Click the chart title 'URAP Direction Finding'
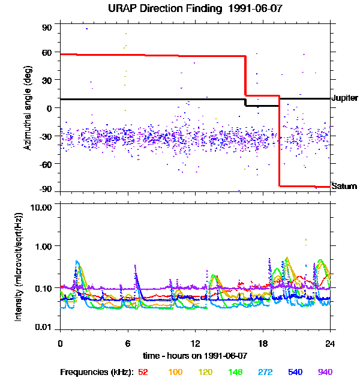point(160,8)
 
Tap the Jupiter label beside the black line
point(344,98)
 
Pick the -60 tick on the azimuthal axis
point(46,163)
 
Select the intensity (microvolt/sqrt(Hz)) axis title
point(20,267)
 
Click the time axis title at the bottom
point(195,356)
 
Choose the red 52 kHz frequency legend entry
point(143,372)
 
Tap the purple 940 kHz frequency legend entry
point(325,372)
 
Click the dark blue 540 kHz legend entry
point(295,372)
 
